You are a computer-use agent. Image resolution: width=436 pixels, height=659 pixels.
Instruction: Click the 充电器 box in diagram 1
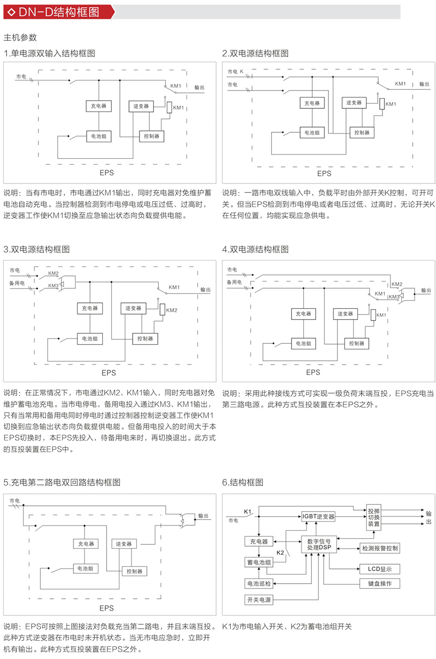[99, 106]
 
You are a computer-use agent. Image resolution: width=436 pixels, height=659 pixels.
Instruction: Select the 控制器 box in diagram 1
[151, 136]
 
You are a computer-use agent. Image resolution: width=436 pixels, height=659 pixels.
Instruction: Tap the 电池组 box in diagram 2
[312, 133]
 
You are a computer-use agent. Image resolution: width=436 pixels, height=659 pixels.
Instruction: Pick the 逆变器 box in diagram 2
[354, 102]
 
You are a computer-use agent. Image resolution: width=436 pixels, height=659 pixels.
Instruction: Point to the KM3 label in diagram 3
[53, 286]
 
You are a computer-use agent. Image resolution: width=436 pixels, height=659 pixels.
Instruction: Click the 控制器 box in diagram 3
[145, 339]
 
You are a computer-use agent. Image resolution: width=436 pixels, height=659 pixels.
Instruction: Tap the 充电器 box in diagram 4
[303, 314]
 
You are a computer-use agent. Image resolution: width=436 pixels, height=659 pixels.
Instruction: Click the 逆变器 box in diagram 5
[124, 544]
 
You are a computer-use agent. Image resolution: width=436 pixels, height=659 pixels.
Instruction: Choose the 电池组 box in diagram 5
[85, 568]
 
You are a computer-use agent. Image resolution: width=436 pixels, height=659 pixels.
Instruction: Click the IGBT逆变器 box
[318, 516]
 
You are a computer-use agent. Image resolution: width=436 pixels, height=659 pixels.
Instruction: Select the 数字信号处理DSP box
[319, 544]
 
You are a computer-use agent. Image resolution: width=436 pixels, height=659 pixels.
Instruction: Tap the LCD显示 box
[380, 569]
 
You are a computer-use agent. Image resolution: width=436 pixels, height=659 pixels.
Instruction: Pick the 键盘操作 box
[380, 584]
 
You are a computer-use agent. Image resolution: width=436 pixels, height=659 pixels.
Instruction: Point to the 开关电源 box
[259, 600]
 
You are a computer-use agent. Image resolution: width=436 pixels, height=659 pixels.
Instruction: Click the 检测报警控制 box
[380, 548]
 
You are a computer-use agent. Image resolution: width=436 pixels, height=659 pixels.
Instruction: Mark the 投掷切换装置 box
[374, 517]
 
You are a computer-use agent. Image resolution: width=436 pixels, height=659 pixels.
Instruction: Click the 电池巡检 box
[259, 584]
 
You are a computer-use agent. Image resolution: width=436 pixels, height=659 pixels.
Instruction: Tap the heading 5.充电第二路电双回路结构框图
[62, 482]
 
